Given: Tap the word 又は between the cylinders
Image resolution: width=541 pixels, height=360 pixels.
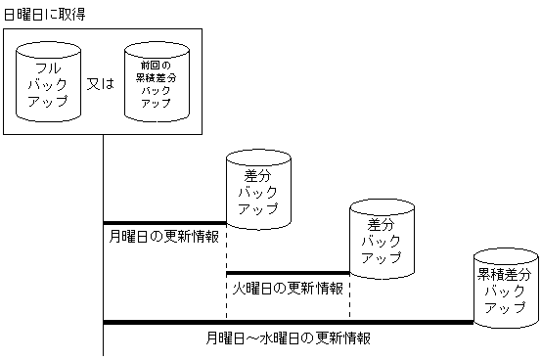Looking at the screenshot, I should (x=101, y=83).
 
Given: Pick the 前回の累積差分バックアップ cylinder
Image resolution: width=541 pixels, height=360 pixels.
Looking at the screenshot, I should (x=154, y=83).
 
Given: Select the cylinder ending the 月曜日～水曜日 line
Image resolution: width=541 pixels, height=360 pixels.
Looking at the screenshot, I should (x=505, y=288).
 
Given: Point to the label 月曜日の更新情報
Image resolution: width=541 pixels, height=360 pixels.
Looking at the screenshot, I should (x=163, y=236).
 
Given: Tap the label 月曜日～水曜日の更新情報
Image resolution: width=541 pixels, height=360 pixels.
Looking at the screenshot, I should (x=288, y=338).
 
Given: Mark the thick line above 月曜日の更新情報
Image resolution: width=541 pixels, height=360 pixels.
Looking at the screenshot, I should (x=164, y=223).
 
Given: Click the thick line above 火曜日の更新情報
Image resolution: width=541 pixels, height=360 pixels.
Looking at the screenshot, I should (x=288, y=273).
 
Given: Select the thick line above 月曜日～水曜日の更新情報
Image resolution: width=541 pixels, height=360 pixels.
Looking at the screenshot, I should (x=288, y=322).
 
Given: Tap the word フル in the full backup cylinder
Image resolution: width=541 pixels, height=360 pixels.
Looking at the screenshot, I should (x=48, y=68).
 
